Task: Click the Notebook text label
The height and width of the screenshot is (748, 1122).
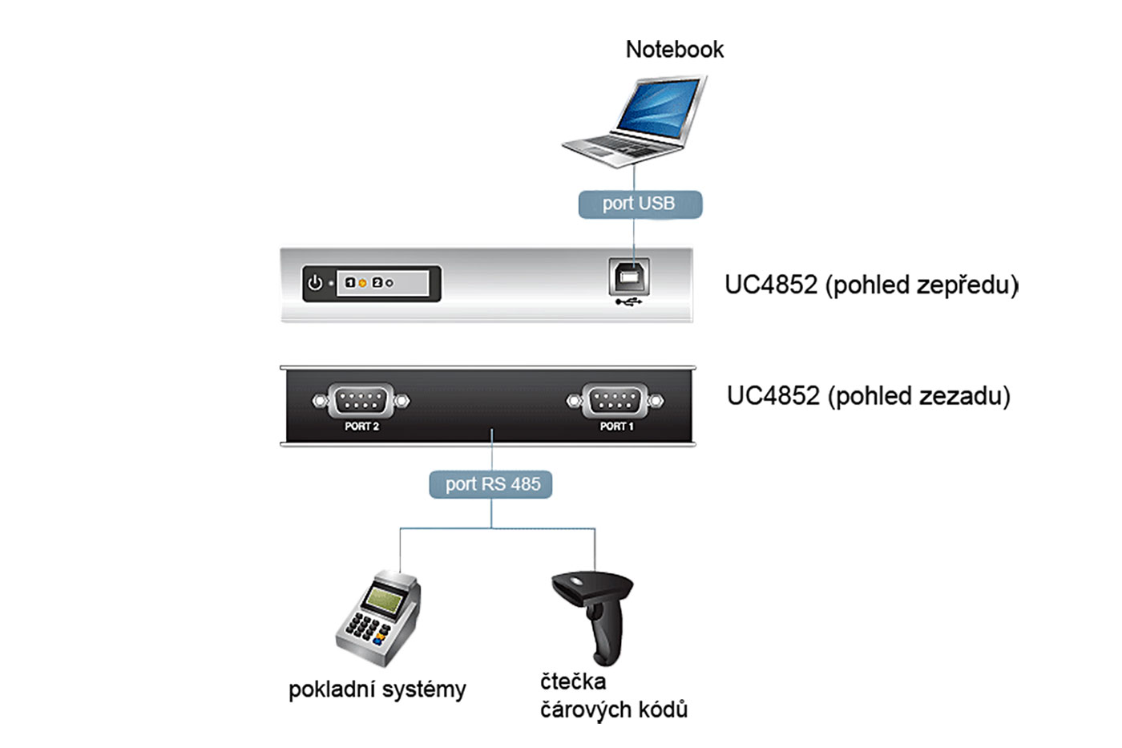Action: (674, 50)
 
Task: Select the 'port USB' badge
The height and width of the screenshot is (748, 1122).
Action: (640, 204)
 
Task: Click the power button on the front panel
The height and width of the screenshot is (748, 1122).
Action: (315, 283)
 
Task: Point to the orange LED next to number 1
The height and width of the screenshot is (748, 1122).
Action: (362, 283)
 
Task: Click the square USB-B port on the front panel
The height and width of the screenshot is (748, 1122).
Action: (630, 277)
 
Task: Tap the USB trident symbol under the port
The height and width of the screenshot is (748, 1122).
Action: (629, 303)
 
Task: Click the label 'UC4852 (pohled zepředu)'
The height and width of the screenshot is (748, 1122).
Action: (871, 285)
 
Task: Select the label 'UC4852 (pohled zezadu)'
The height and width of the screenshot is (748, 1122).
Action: (868, 395)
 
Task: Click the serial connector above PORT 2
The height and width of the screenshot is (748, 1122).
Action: (361, 400)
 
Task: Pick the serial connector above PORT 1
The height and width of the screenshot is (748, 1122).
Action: (615, 400)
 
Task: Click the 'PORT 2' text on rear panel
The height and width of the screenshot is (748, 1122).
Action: (361, 427)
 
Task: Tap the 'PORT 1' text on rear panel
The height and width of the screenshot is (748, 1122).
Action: (616, 427)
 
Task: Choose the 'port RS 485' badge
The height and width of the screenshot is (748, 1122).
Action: (491, 484)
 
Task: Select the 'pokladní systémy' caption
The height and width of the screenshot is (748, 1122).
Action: (377, 689)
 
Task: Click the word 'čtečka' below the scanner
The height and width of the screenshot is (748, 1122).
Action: (573, 682)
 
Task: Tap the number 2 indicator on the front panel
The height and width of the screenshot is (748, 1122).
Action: (377, 283)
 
